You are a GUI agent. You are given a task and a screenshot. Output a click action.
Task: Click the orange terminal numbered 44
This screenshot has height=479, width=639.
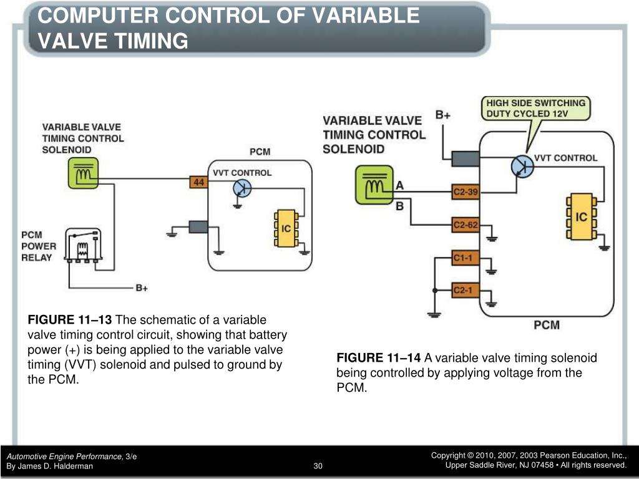198,182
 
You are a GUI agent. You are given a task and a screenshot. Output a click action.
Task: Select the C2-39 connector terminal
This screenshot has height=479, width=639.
465,193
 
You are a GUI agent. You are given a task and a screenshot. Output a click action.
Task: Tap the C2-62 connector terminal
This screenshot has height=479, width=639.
465,225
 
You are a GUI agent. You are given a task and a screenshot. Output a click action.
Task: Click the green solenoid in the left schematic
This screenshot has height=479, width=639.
83,173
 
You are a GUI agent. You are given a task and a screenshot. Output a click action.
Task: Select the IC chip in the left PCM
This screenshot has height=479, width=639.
286,229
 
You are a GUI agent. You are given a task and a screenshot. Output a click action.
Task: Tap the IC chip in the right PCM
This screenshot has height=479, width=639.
581,217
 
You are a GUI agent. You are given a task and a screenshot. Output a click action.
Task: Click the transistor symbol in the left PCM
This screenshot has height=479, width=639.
242,188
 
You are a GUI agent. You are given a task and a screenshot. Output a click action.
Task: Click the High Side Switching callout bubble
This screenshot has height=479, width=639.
535,108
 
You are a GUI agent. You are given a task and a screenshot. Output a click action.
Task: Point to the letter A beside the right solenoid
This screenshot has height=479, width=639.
400,185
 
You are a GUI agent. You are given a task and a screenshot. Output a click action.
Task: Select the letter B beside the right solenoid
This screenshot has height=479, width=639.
400,206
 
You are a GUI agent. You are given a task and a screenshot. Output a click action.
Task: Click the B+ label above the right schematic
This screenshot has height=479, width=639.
443,115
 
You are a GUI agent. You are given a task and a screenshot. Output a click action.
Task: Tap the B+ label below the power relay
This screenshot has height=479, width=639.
142,288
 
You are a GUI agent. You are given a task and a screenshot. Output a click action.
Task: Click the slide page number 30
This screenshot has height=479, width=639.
318,466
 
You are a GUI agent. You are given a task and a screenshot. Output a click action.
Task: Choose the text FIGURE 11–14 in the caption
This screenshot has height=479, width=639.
379,358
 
